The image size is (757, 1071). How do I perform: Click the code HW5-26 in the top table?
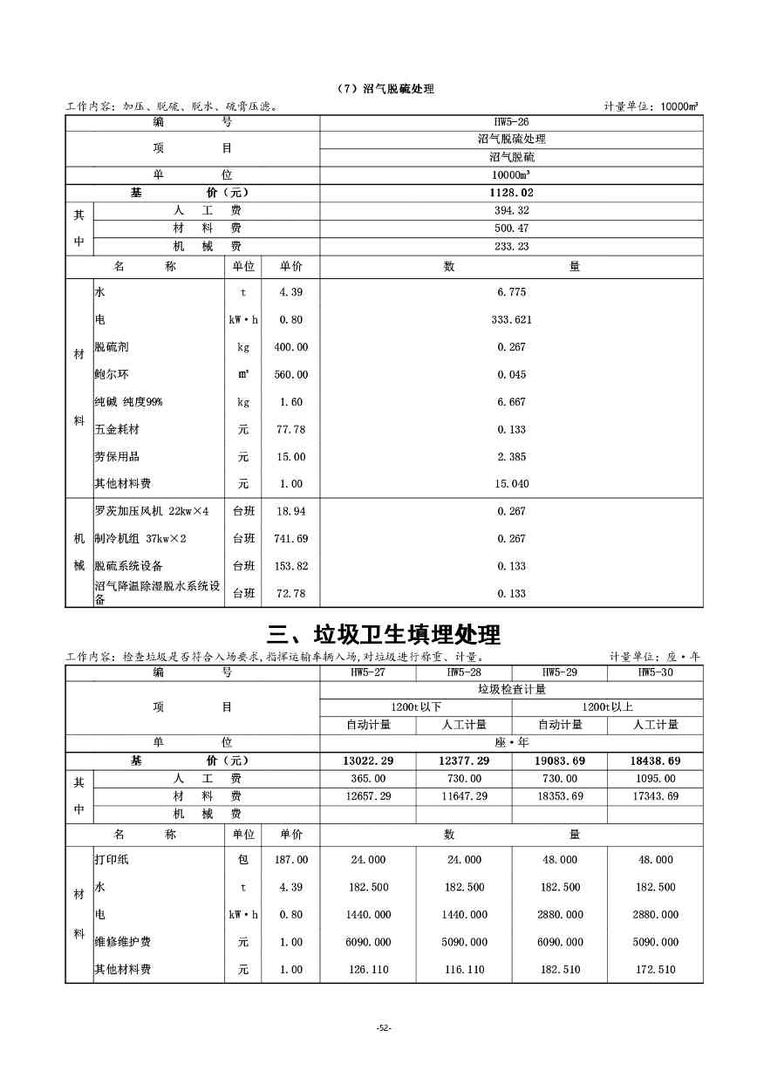click(x=512, y=122)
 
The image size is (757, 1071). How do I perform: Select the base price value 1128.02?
click(x=512, y=193)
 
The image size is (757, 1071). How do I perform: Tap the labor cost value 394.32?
click(x=512, y=211)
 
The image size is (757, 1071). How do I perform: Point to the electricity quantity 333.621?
click(x=512, y=320)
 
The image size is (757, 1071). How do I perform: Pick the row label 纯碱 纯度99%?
click(x=128, y=402)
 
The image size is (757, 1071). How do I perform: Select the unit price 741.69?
click(x=291, y=539)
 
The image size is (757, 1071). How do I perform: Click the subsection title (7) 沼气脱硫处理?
click(x=385, y=89)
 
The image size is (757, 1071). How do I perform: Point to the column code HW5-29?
click(x=560, y=672)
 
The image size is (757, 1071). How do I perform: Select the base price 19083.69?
click(x=560, y=761)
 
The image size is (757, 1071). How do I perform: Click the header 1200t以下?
click(x=416, y=706)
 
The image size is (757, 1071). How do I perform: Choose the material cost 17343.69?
click(x=655, y=796)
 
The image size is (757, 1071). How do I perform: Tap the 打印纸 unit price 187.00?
click(x=291, y=860)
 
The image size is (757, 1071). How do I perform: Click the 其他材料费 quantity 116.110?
click(x=464, y=970)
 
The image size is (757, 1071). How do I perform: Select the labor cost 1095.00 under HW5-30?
click(x=655, y=779)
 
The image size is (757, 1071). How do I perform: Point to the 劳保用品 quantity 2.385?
click(x=512, y=457)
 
